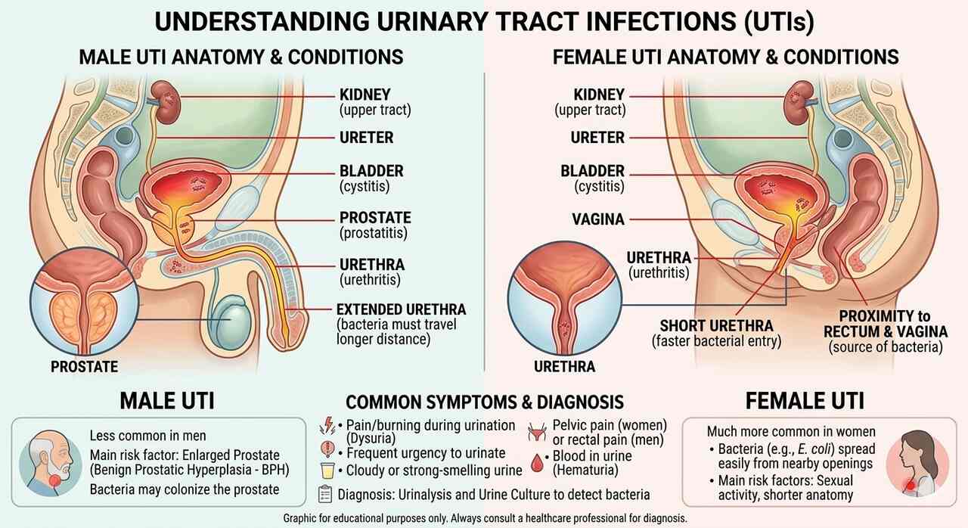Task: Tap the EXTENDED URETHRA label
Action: pos(401,309)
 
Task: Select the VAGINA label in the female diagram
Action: pos(598,219)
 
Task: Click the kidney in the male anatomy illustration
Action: pos(160,97)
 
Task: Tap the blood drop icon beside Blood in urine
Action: pos(538,461)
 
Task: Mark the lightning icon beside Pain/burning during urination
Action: pos(328,426)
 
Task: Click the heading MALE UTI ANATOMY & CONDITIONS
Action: pos(241,57)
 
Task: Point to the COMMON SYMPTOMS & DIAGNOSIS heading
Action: pos(485,402)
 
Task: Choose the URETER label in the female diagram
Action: pos(597,138)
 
